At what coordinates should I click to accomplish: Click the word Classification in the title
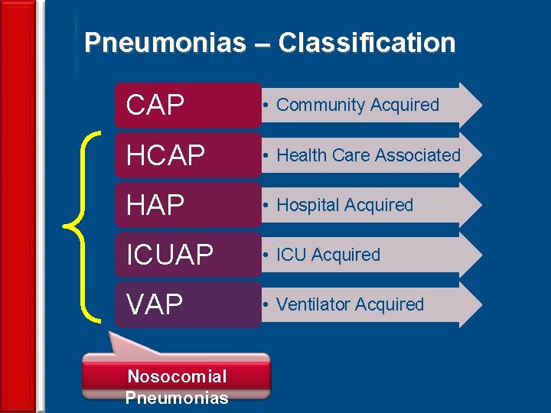click(x=367, y=43)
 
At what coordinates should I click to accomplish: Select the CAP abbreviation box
click(x=188, y=106)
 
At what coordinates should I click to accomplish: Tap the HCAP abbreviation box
click(x=188, y=155)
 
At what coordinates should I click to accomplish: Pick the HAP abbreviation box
click(x=188, y=205)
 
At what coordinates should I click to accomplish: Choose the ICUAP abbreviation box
click(x=188, y=255)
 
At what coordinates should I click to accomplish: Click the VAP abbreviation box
click(x=188, y=304)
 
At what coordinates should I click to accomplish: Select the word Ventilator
click(x=310, y=304)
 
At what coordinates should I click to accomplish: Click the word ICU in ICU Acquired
click(x=291, y=255)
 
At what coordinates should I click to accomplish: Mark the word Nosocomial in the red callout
click(x=177, y=376)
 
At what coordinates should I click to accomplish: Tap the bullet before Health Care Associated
click(x=265, y=156)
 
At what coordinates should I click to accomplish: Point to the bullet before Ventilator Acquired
click(x=265, y=305)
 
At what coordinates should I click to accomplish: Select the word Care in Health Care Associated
click(x=351, y=155)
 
